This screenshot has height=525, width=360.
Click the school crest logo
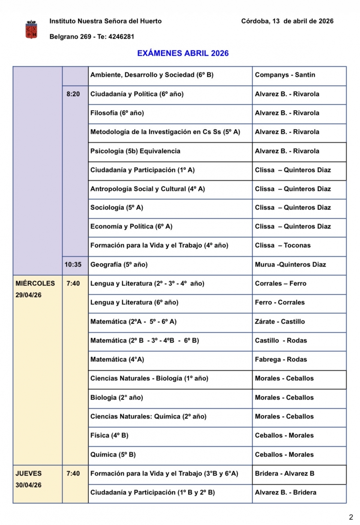point(31,30)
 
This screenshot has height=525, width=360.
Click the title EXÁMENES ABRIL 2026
point(183,53)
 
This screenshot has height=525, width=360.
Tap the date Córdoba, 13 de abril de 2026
point(287,21)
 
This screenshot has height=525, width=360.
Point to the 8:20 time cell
point(73,94)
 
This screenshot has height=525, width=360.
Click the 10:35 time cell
point(73,265)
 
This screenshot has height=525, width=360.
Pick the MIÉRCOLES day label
point(35,283)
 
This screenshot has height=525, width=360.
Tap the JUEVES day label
point(28,474)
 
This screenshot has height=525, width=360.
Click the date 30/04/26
point(28,485)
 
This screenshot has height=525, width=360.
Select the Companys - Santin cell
point(285,75)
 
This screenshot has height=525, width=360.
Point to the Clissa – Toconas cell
point(283,246)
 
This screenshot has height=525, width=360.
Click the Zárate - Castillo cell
point(280,322)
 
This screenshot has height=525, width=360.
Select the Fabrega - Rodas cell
point(281,359)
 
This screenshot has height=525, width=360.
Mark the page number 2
point(351,517)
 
